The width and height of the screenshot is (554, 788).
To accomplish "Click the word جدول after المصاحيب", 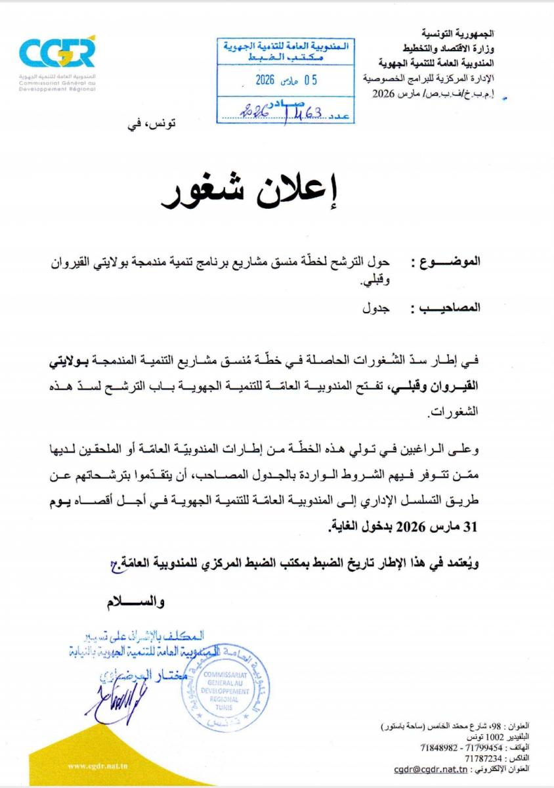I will click(377, 307).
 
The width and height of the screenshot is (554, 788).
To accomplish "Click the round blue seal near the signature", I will click(224, 688).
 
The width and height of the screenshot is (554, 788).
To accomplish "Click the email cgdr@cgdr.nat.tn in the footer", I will click(431, 768).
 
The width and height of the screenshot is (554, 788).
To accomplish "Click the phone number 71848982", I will click(443, 747).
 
